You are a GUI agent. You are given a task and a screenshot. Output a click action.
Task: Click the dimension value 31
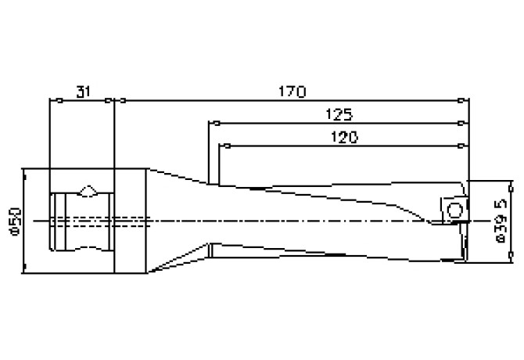coord(83,92)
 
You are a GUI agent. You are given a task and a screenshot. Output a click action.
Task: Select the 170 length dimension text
coord(292,92)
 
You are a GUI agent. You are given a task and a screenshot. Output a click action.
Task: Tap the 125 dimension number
coord(339,114)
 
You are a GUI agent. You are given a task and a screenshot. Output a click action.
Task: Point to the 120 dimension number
coord(344,137)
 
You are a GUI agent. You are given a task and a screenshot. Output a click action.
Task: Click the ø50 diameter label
coord(16,222)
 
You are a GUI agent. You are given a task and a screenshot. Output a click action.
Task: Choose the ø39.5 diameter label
coord(501,221)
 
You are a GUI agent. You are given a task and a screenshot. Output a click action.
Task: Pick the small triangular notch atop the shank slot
coord(88,190)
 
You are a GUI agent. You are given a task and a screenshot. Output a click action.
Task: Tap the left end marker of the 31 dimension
coord(59,100)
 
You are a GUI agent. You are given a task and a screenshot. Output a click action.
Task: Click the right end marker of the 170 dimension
coord(461,100)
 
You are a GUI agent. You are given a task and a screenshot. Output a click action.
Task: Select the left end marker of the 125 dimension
coord(217,124)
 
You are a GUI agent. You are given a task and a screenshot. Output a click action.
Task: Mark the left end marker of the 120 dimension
coord(228,146)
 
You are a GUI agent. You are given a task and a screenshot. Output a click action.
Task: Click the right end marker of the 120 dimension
coord(461,146)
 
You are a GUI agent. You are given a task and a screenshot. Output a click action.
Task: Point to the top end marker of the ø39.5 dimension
coord(511,189)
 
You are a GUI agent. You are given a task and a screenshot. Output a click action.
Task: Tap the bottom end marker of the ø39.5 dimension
coord(511,255)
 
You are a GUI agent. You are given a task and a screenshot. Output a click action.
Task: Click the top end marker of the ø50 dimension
coord(25,177)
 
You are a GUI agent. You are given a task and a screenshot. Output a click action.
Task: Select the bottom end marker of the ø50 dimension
coord(25,266)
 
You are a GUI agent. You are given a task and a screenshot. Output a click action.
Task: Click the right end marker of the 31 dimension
coord(108,100)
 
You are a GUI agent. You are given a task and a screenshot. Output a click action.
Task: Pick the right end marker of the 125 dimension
coord(461,124)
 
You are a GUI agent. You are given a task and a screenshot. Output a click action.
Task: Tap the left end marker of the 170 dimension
coord(123,100)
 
